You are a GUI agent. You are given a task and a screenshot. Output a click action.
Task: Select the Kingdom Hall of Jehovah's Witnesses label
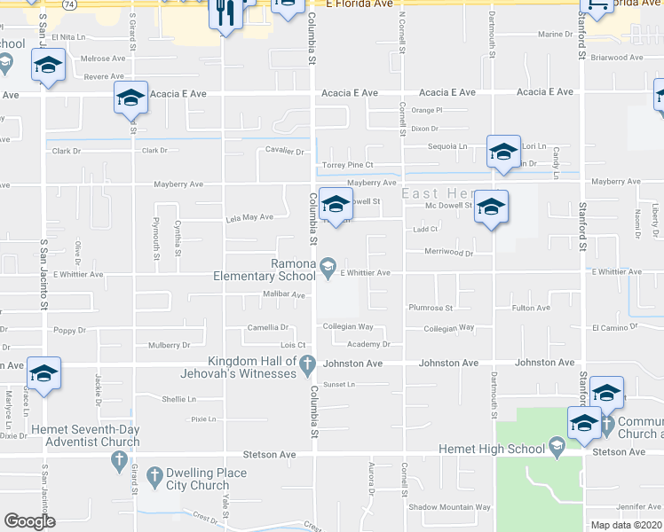252,367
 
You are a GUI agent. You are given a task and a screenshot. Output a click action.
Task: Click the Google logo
29,521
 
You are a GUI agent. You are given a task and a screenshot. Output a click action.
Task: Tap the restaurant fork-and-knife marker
225,13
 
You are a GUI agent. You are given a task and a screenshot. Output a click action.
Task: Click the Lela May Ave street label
249,216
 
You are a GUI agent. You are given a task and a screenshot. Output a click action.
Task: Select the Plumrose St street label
431,309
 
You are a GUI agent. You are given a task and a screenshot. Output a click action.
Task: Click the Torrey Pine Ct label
347,165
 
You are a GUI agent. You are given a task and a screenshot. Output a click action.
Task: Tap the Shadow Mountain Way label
449,507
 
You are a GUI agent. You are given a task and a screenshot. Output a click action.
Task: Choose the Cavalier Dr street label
285,151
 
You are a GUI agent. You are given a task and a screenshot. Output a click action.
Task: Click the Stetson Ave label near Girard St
275,454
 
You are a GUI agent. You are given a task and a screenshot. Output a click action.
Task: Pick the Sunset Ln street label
338,384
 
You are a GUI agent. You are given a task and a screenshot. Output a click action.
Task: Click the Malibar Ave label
284,294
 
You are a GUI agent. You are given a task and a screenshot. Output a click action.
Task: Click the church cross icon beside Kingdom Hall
307,363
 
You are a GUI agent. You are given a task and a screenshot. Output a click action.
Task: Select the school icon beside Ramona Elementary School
328,265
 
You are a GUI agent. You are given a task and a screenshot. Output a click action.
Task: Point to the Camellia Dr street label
267,327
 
